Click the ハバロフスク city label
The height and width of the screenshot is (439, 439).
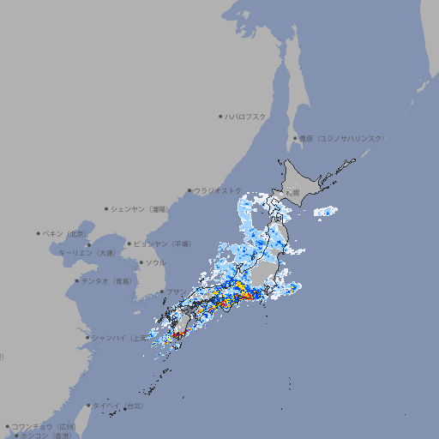point(246,116)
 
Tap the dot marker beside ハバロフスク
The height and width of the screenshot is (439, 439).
point(220,116)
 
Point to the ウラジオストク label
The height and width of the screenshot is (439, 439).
point(217,190)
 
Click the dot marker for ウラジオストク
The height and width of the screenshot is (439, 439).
point(189,190)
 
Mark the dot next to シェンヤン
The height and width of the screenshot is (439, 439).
point(106,208)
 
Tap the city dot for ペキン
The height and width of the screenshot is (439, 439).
point(39,233)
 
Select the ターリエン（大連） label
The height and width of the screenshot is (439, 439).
point(87,253)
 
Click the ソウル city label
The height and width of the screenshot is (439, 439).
point(155,262)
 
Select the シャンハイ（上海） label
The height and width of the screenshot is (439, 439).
point(118,338)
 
